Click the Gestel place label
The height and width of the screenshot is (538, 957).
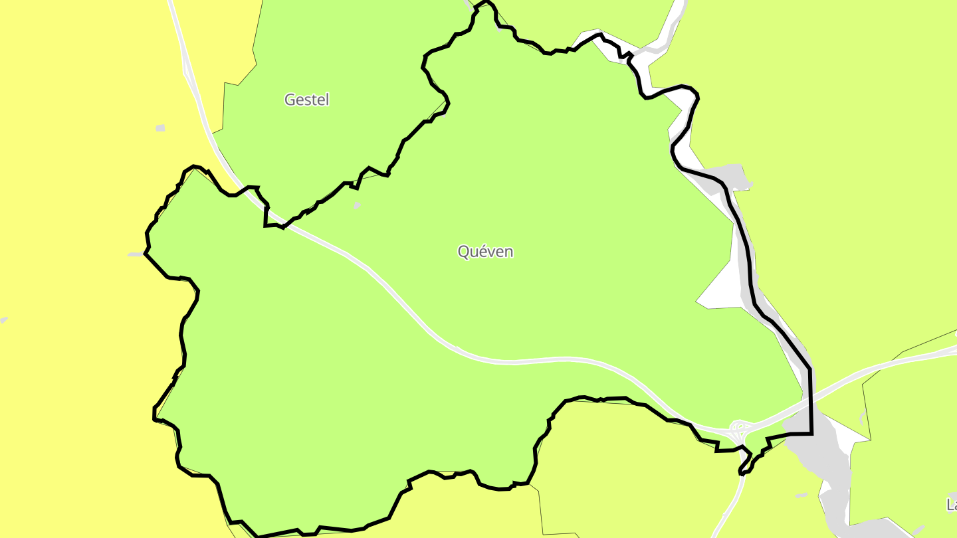pyautogui.click(x=306, y=100)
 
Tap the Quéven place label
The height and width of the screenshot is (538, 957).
pyautogui.click(x=485, y=252)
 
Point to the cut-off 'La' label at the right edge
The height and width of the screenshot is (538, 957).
pyautogui.click(x=951, y=505)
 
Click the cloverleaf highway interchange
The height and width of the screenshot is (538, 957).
pyautogui.click(x=740, y=427)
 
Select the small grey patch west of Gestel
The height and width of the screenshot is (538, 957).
pyautogui.click(x=160, y=128)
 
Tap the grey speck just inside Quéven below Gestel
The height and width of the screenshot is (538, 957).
pyautogui.click(x=357, y=205)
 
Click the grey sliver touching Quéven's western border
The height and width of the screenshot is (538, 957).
pyautogui.click(x=136, y=254)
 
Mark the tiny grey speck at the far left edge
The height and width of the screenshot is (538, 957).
pyautogui.click(x=3, y=320)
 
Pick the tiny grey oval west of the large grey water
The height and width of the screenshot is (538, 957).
pyautogui.click(x=801, y=495)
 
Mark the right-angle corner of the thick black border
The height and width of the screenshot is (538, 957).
pyautogui.click(x=811, y=434)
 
